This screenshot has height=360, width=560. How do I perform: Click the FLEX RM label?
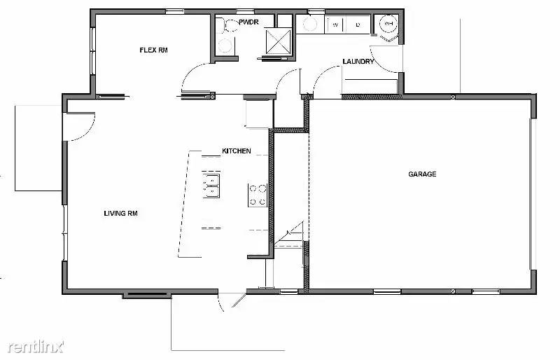(x=153, y=50)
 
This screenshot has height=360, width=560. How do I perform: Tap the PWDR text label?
(x=249, y=23)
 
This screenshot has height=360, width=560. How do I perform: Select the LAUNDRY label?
(x=358, y=62)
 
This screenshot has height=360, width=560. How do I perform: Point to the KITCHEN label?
(x=236, y=151)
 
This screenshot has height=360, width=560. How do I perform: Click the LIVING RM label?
(x=120, y=214)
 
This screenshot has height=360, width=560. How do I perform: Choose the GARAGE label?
(x=422, y=174)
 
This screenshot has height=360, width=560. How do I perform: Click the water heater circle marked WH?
(x=388, y=25)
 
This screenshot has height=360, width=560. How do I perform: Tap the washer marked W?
(x=335, y=25)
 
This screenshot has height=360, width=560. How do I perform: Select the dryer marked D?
(x=357, y=25)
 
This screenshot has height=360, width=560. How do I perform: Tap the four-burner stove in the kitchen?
(x=257, y=195)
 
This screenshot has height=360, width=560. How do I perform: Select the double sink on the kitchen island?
(x=211, y=185)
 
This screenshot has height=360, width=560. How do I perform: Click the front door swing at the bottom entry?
(x=231, y=302)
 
